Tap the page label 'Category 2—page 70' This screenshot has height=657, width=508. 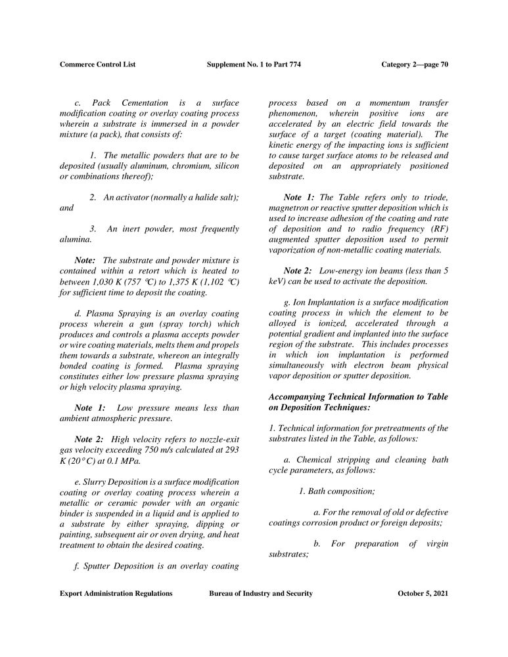pos(415,64)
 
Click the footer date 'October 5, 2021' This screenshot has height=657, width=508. pos(423,593)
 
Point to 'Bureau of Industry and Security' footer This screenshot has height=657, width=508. pos(261,593)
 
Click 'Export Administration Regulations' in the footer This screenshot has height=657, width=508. pos(116,593)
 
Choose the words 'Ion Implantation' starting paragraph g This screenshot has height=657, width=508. pos(319,302)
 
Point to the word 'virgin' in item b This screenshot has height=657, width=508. pos(434,543)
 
